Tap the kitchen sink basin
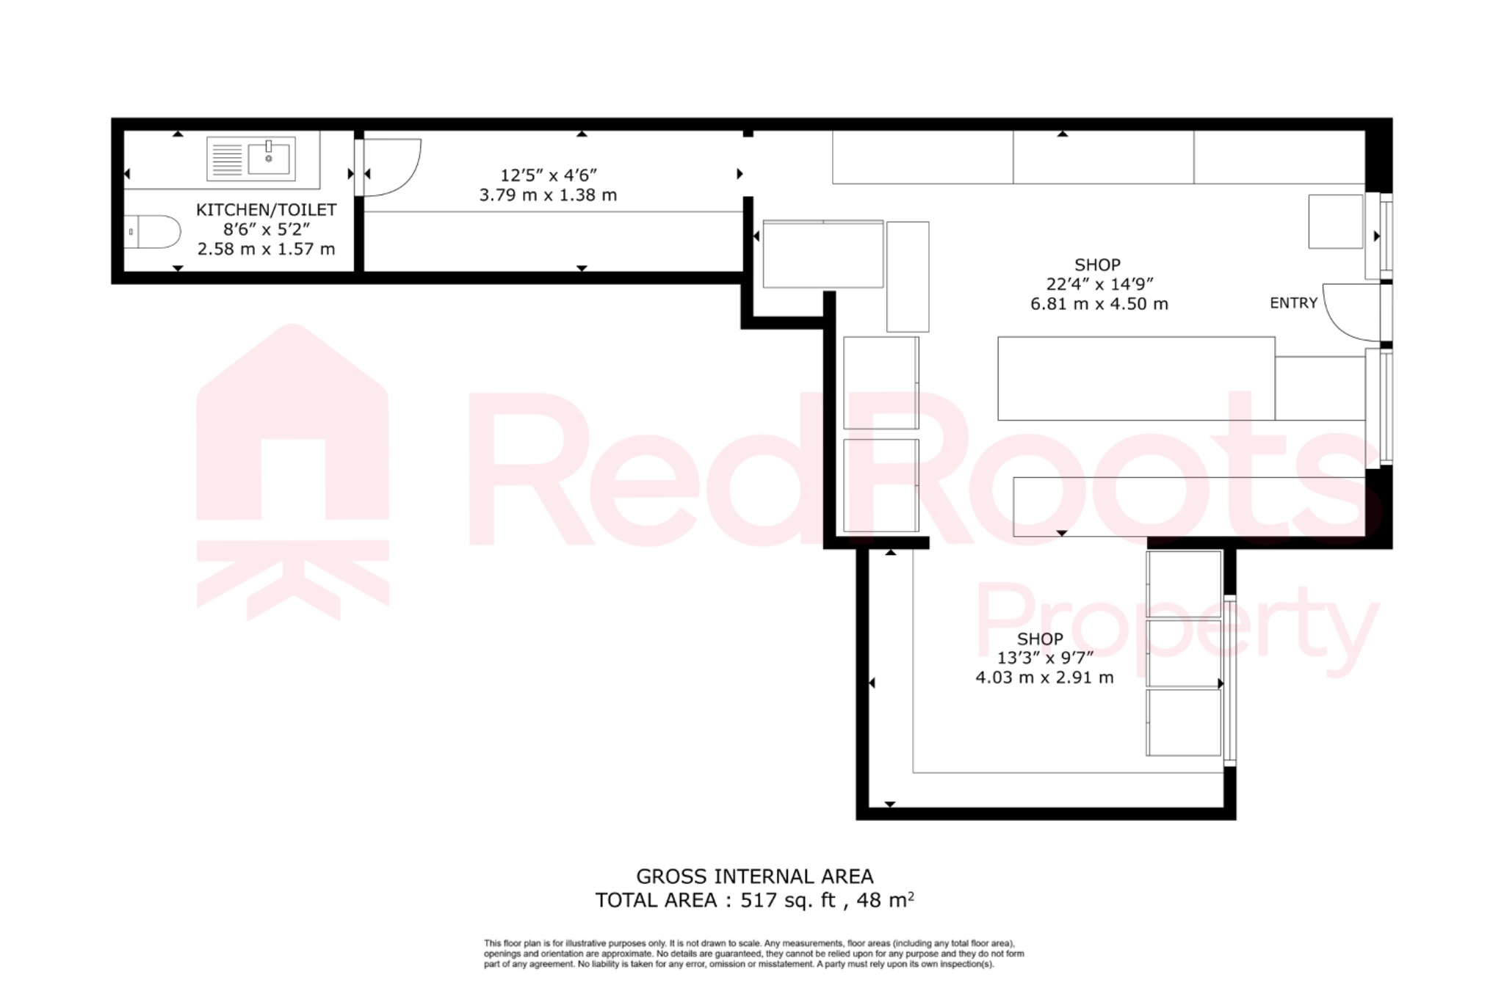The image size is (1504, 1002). coord(269,159)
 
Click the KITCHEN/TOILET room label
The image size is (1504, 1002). coord(266,210)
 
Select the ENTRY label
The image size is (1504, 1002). coord(1293,303)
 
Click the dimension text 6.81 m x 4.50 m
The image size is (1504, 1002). coord(1099,304)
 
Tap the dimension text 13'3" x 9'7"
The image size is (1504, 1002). coord(1045,658)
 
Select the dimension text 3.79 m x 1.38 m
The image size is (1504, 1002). coord(548,195)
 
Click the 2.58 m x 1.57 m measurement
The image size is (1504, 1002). coord(266,250)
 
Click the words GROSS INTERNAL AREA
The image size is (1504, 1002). coord(754,876)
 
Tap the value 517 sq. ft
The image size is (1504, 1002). coord(788,900)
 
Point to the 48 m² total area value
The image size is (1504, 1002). coord(885,900)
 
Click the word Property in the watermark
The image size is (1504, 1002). coord(1175,624)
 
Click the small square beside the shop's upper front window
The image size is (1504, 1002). coord(1335,221)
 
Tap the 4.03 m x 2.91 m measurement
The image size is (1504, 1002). coord(1044,678)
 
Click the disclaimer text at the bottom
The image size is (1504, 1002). coord(753,954)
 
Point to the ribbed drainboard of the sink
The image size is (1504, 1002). coord(227,159)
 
